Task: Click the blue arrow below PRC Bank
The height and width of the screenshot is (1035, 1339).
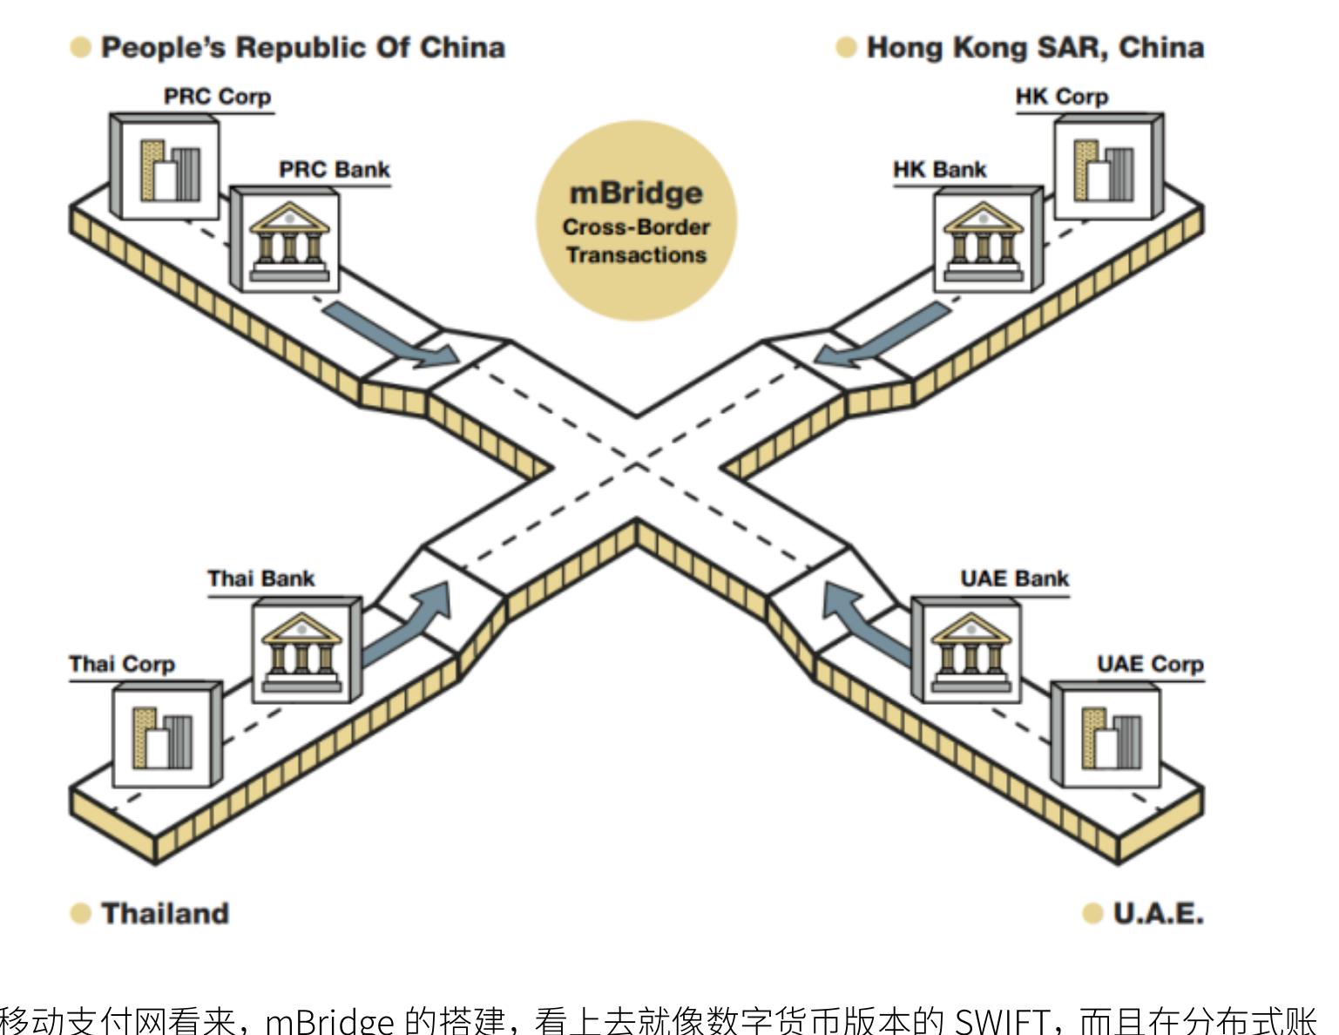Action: coord(391,335)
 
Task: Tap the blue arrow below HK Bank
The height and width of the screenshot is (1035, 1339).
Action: coord(883,335)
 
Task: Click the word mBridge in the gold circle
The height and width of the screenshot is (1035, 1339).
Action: coord(636,194)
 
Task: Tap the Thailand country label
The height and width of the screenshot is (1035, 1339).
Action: coord(166,913)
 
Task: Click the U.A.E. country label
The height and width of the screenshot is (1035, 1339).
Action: coord(1159,913)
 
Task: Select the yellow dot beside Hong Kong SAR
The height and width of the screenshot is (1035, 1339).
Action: coord(846,47)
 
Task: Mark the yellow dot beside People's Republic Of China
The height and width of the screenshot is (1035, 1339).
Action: coord(81,47)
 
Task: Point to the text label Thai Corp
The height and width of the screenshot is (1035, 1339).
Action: coord(122,664)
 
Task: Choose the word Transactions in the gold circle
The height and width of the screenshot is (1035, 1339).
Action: coord(636,255)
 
